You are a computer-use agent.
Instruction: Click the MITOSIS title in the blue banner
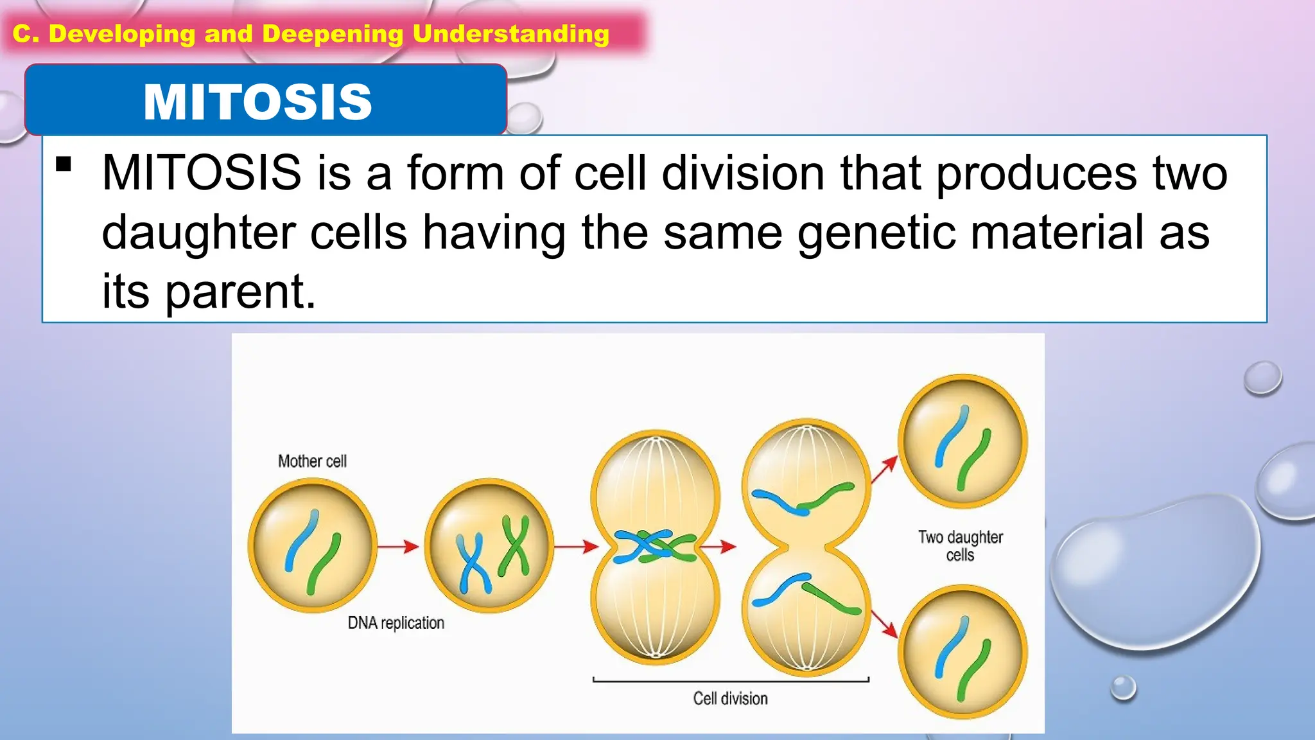coord(257,102)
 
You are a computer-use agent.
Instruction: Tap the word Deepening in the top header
coord(333,34)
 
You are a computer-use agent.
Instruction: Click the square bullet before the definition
coord(64,164)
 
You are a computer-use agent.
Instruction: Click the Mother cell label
coord(312,461)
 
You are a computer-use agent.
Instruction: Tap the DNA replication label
coord(396,623)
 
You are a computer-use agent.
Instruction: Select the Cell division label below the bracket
coord(730,698)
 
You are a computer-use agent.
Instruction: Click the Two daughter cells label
coord(960,545)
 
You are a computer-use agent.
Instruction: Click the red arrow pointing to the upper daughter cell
coord(885,469)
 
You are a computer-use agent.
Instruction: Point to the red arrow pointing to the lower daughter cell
coord(885,622)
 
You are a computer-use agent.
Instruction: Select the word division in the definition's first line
coord(743,173)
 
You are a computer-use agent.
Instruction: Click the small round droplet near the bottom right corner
coord(1123,687)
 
